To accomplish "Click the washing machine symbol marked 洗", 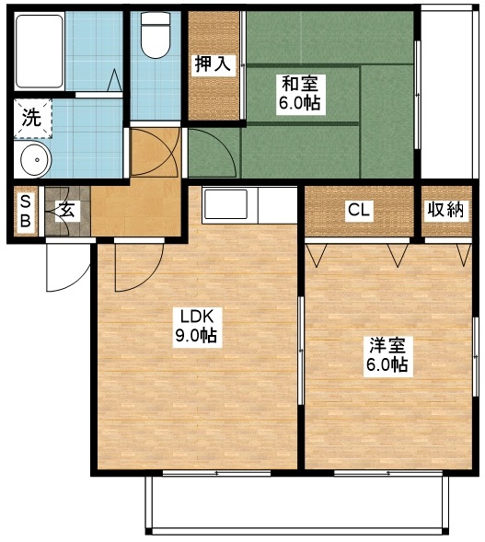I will click(x=32, y=117).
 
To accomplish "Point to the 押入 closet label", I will click(x=213, y=63).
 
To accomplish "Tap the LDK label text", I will click(x=196, y=317).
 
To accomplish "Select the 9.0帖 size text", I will click(x=196, y=337).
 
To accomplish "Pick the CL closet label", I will click(x=358, y=211).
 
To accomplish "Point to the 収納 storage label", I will click(x=445, y=211).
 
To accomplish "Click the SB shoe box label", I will click(x=25, y=213).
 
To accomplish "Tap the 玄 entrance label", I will click(x=67, y=211).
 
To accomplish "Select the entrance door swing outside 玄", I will click(x=64, y=267).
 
